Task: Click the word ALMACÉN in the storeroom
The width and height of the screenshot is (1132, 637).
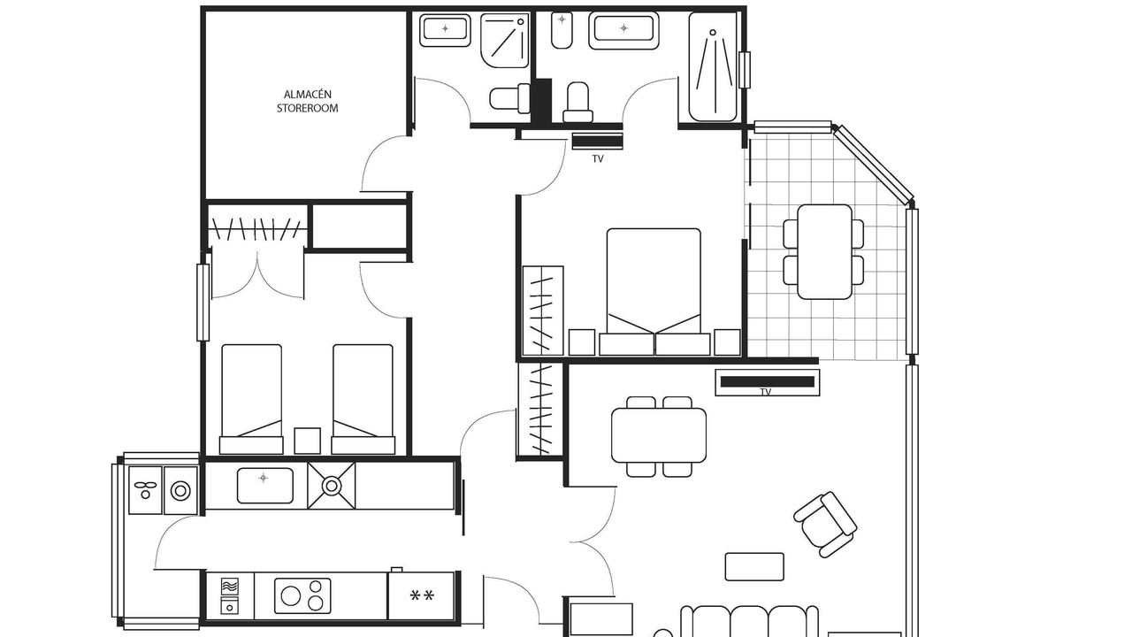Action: coord(307,95)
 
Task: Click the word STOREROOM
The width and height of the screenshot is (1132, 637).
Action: coord(307,108)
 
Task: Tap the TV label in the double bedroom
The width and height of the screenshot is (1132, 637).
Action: coord(598,158)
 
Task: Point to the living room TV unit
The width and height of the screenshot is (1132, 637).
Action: coord(767,382)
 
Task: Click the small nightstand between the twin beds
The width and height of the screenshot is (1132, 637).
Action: coord(307,441)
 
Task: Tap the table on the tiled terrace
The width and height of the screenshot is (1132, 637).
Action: coord(825,252)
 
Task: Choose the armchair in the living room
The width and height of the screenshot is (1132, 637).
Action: coord(825,525)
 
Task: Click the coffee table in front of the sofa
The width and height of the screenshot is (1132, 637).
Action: coord(754,567)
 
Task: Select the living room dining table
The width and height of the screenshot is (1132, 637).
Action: coord(659,435)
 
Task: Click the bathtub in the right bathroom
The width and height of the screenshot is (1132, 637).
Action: coord(714,66)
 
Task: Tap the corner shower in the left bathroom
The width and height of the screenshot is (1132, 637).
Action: coord(505,41)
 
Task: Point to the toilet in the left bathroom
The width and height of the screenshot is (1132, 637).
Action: coord(509,98)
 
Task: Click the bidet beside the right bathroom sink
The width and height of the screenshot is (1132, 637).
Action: coord(562,30)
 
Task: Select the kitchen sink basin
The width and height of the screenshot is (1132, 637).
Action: coord(264,486)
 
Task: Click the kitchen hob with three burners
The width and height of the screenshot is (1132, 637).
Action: coord(302,596)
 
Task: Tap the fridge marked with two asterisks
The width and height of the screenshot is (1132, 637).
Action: coord(422,595)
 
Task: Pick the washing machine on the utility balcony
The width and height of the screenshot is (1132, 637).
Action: coord(180,490)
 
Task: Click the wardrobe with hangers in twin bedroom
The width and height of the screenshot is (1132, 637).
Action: coord(257,228)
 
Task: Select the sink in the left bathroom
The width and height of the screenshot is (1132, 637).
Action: coord(445,29)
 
